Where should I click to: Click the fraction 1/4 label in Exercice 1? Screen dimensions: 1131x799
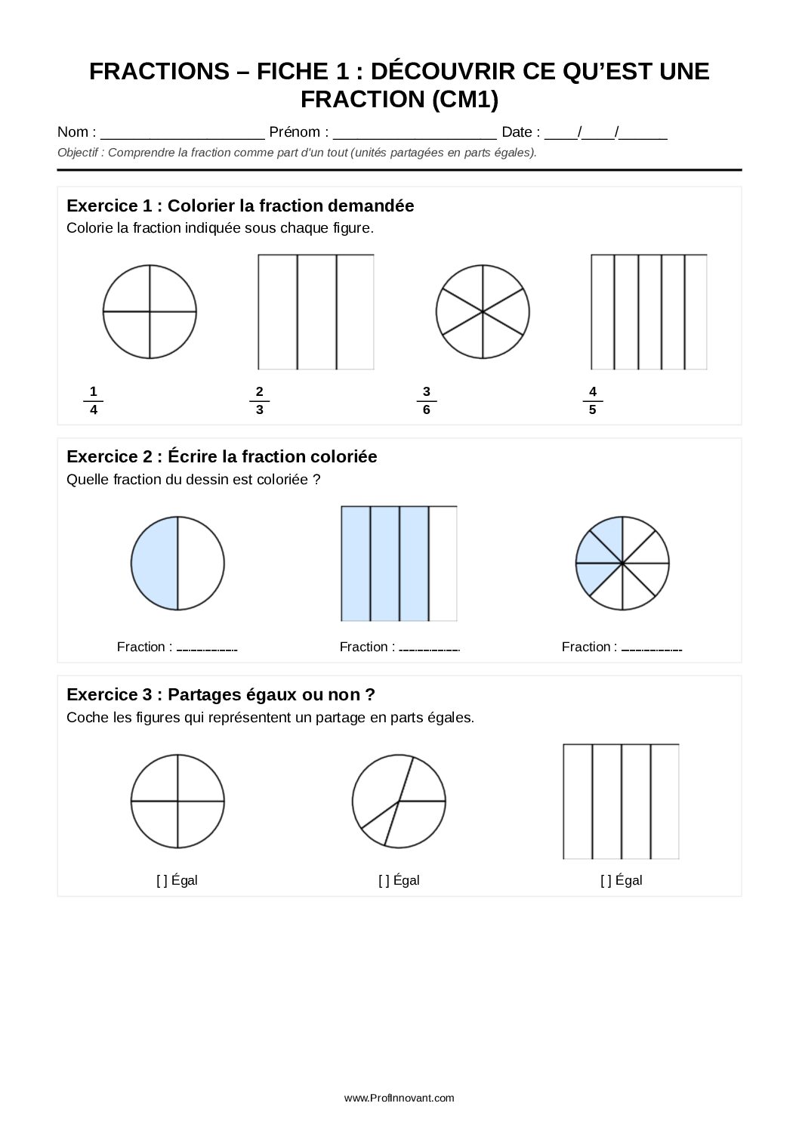[x=93, y=400]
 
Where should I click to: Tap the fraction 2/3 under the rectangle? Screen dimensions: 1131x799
[x=259, y=400]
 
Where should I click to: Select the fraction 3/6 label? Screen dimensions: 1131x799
[x=427, y=400]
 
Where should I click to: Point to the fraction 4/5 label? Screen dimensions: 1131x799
[x=593, y=400]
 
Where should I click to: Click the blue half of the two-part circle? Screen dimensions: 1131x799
[x=155, y=564]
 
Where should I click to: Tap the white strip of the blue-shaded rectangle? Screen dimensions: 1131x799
[x=443, y=564]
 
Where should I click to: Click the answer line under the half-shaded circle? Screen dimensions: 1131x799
[x=207, y=648]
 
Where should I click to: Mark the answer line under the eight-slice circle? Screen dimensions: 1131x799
[x=652, y=648]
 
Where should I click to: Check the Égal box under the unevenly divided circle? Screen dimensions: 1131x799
[x=384, y=880]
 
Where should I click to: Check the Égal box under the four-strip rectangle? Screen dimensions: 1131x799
[x=606, y=880]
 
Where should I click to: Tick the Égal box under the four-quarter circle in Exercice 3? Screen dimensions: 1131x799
[x=162, y=880]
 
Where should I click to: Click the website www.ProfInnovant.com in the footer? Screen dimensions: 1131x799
[x=399, y=1098]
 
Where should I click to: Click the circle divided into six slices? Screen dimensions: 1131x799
[x=483, y=311]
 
